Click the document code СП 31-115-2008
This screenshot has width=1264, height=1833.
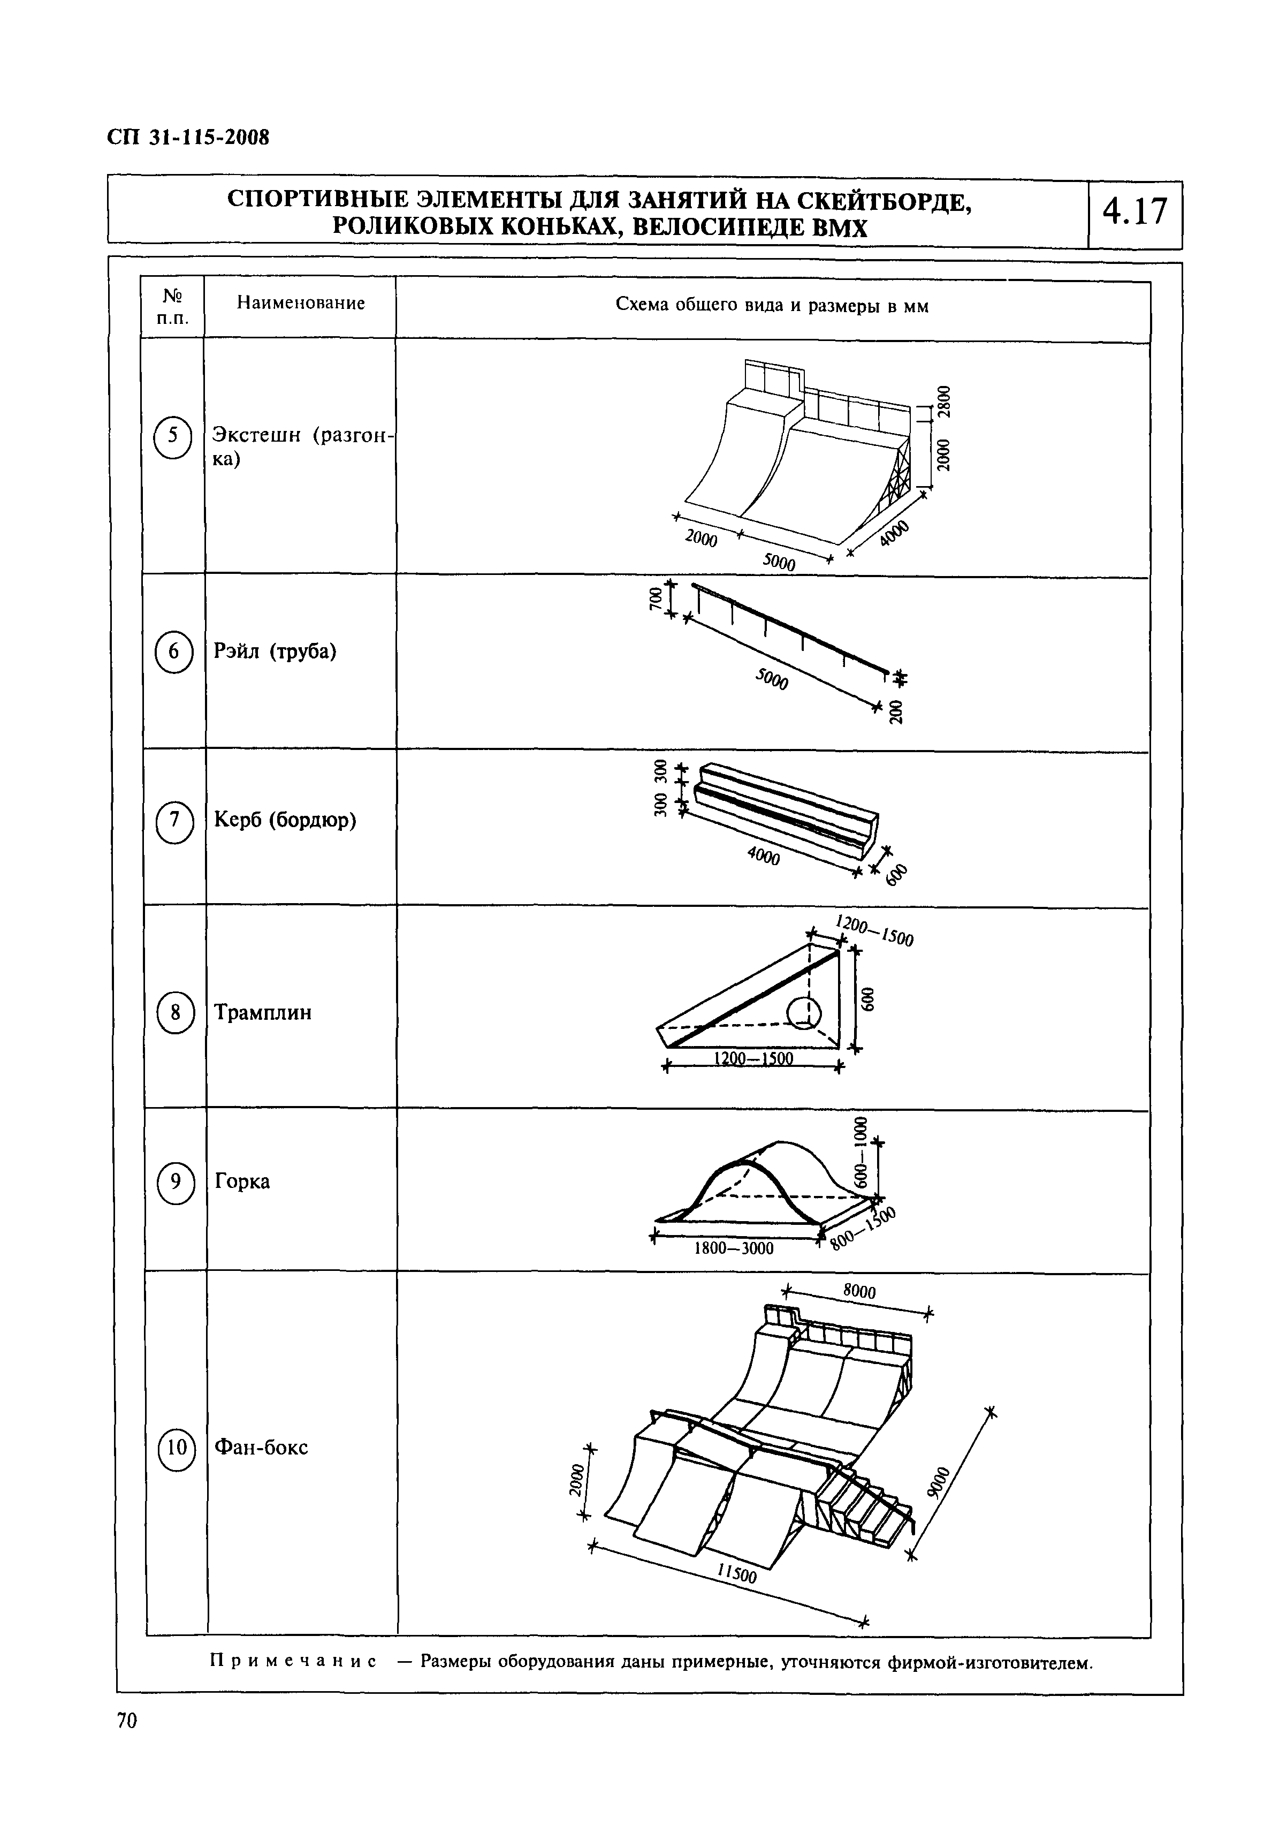[x=188, y=137]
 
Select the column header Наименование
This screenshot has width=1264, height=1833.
[x=300, y=304]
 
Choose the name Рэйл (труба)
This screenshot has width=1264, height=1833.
[x=275, y=651]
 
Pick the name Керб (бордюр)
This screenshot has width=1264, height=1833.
[x=285, y=820]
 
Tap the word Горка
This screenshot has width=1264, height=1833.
[x=242, y=1181]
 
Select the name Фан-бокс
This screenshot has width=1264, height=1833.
[x=261, y=1447]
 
